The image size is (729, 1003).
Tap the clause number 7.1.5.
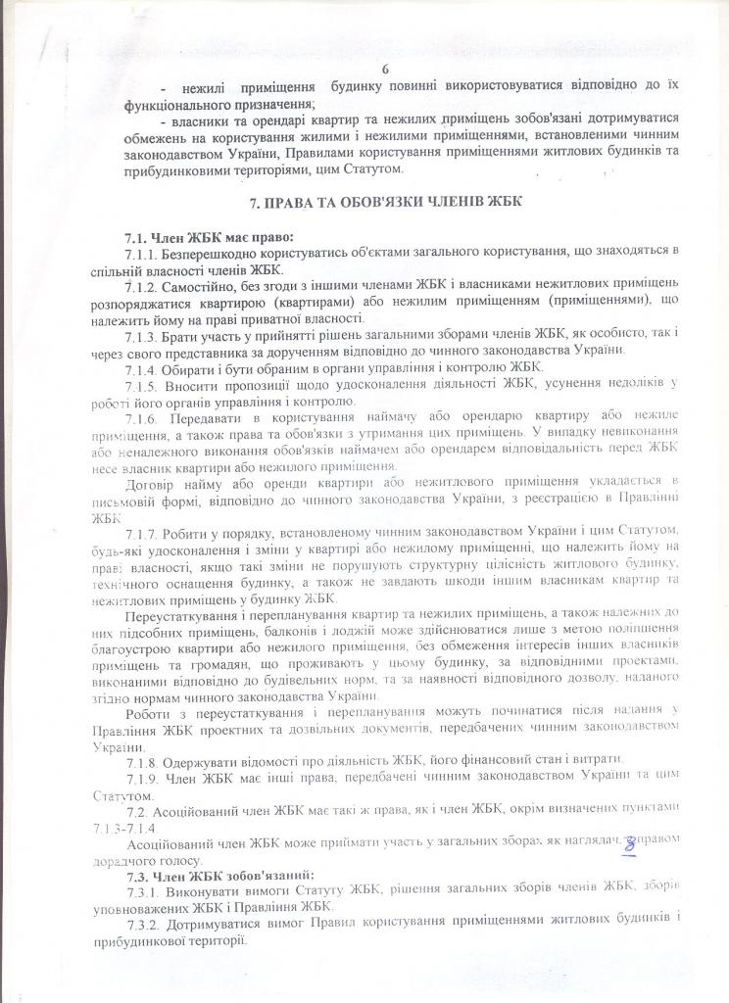coord(143,382)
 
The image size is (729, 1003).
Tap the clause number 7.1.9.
coord(143,780)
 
